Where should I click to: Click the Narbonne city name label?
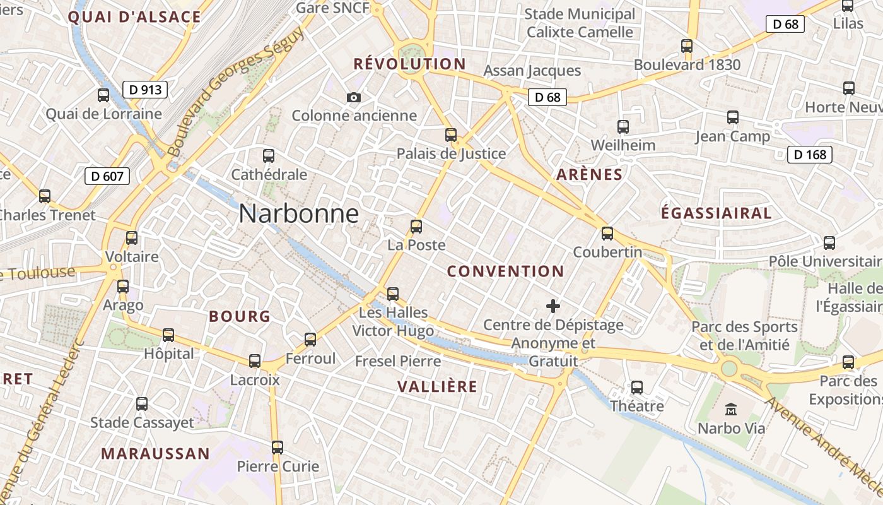pos(299,214)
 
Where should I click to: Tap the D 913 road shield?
pos(146,90)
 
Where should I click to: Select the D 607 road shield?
pos(107,176)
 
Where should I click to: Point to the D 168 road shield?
pos(810,155)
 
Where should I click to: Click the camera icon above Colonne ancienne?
pos(354,97)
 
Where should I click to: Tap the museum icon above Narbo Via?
pos(731,410)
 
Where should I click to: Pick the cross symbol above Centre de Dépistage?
pos(553,307)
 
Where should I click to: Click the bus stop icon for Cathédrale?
pos(269,155)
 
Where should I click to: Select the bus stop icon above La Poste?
pos(416,226)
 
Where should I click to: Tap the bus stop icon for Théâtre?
pos(637,387)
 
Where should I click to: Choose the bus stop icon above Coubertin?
pos(607,234)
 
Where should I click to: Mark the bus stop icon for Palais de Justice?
pos(451,134)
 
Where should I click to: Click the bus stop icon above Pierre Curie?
pos(278,448)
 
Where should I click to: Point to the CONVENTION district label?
pos(505,271)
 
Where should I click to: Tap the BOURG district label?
pos(239,317)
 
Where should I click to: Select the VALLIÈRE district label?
pos(437,387)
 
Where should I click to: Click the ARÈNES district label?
pos(589,175)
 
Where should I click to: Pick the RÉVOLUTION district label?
pos(409,64)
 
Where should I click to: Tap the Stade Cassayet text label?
pos(142,422)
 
